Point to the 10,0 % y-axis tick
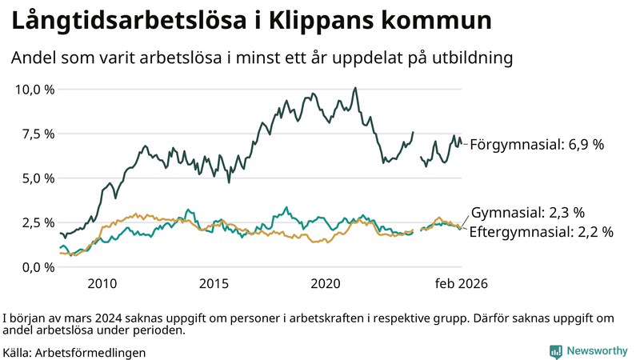point(35,89)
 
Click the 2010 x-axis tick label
point(102,284)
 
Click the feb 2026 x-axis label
point(461,284)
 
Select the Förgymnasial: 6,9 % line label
point(536,145)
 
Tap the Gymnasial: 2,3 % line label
point(528,213)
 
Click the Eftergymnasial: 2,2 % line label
point(541,232)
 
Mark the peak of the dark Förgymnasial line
point(355,88)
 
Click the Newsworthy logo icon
point(555,351)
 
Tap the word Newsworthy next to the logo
point(597,351)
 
